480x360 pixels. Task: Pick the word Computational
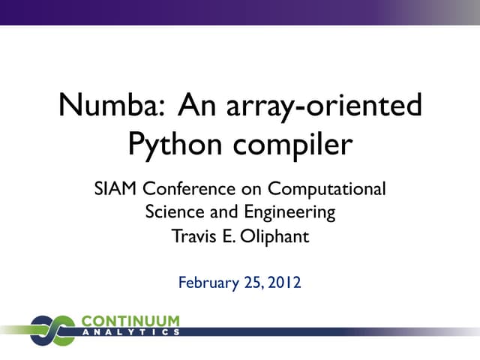coord(327,188)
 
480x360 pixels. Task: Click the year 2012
coord(285,283)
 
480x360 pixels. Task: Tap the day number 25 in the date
coord(250,283)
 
